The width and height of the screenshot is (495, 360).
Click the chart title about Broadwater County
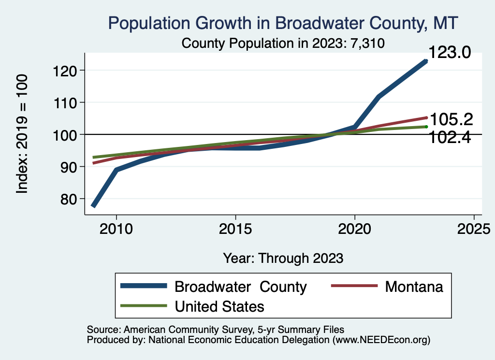(283, 23)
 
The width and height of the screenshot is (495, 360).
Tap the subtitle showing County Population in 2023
(283, 43)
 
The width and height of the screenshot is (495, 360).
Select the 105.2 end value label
(451, 119)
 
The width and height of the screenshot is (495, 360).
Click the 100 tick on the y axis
(63, 134)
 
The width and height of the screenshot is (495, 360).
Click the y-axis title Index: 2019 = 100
(22, 134)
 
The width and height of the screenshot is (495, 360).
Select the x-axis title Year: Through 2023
(283, 258)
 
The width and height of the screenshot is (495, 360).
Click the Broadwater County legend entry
(240, 287)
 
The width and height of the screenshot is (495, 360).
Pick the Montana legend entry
(414, 287)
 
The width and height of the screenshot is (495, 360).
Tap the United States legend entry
(219, 306)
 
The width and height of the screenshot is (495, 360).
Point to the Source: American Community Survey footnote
(215, 330)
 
